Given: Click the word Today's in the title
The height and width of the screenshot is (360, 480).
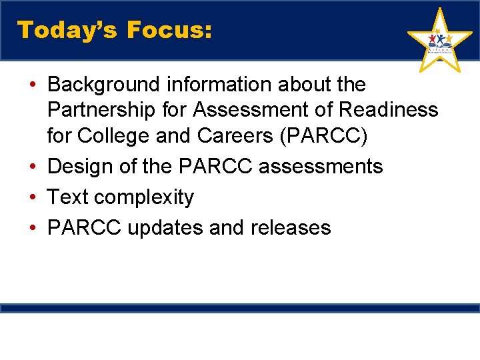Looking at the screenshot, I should [x=66, y=30].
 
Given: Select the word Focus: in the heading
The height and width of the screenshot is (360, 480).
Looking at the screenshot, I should [x=169, y=30].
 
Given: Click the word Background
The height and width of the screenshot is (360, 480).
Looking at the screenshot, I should [x=104, y=85].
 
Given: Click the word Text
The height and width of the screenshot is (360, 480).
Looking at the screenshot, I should [x=68, y=197].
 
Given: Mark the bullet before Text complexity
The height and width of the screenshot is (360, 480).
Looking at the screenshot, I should [x=33, y=197].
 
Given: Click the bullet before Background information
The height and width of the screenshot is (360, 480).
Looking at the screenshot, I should [x=33, y=85].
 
